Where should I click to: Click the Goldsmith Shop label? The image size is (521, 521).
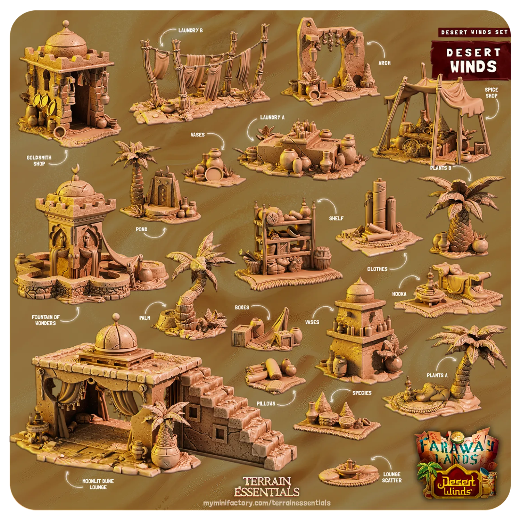[39, 160]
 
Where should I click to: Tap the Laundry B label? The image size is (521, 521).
[190, 31]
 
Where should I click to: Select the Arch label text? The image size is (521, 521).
[384, 63]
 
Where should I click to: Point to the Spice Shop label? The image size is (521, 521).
[491, 92]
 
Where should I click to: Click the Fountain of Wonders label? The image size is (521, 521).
[46, 320]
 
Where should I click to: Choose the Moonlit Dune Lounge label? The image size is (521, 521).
[98, 484]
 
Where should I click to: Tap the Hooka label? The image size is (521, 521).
[399, 294]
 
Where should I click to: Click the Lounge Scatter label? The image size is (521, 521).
[392, 477]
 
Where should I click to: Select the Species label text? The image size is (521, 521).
[362, 393]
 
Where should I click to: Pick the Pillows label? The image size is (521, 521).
[266, 404]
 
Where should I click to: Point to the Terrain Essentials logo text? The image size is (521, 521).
[266, 486]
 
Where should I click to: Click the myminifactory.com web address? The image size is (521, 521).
[267, 503]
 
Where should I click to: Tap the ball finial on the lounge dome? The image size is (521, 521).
[116, 317]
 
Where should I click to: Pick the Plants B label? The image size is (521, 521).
[440, 168]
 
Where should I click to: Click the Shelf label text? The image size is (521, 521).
[336, 218]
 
